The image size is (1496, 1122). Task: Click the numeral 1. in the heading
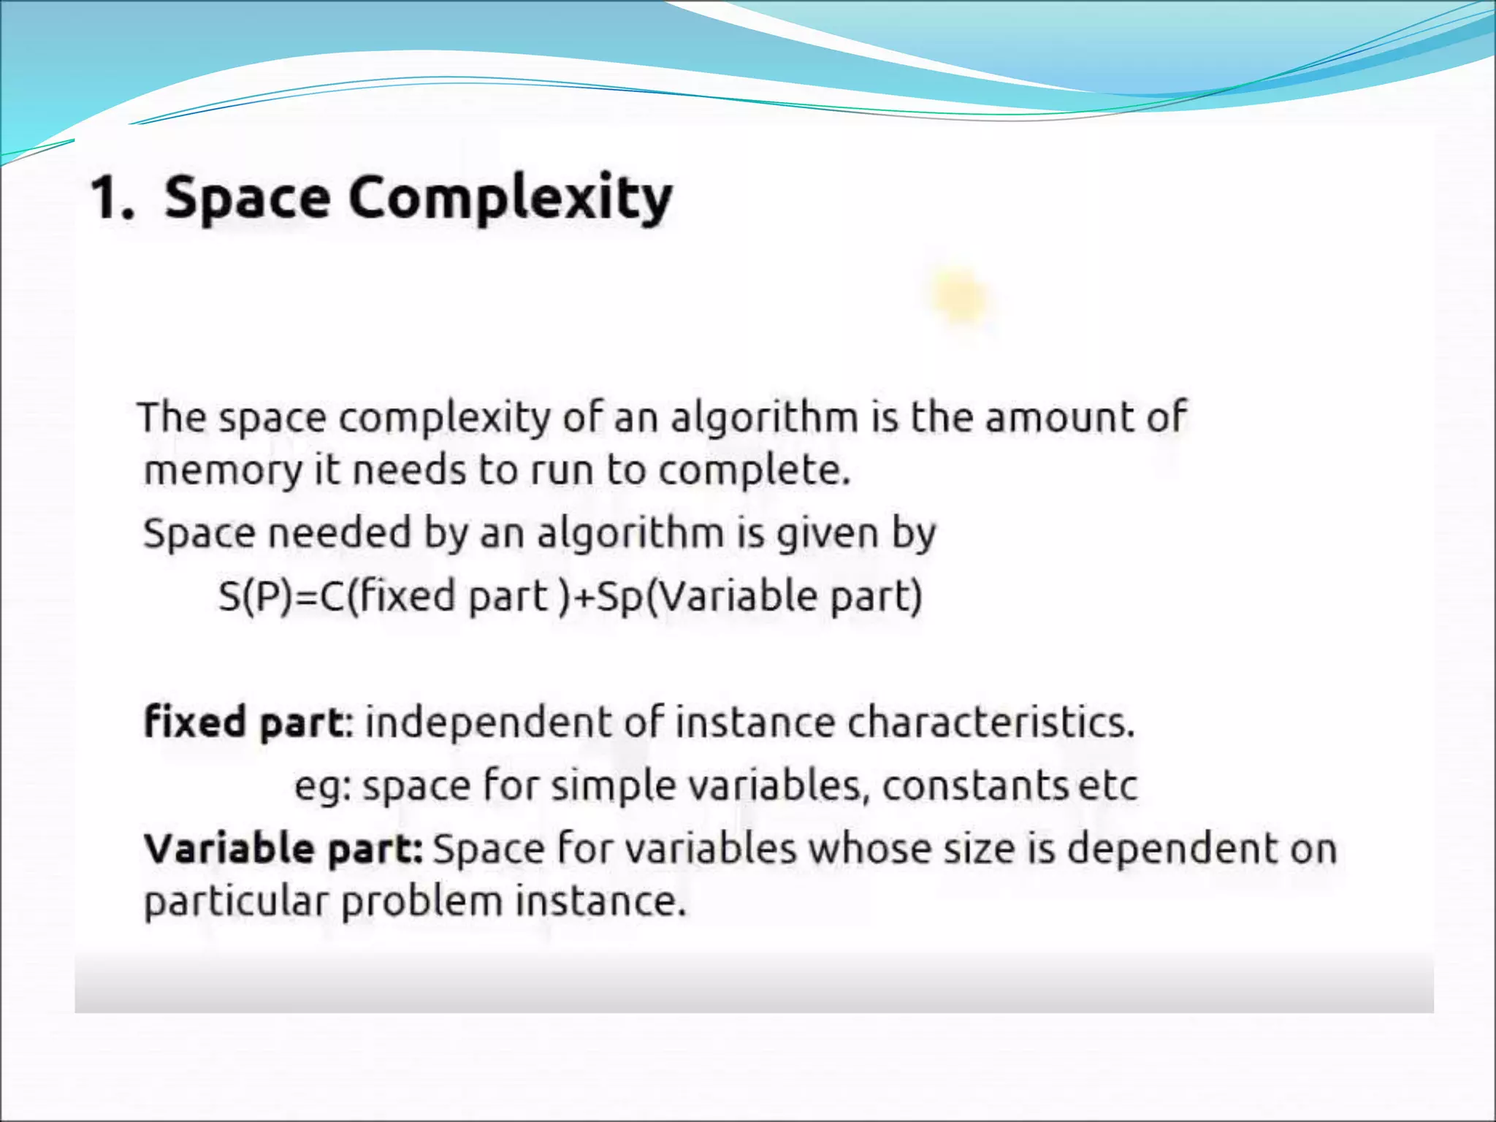(112, 198)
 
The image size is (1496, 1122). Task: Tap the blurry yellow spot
(961, 298)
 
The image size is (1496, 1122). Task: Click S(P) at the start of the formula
(256, 596)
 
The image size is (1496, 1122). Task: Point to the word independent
(487, 722)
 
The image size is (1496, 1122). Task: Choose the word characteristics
(991, 722)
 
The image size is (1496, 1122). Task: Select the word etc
(1107, 787)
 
